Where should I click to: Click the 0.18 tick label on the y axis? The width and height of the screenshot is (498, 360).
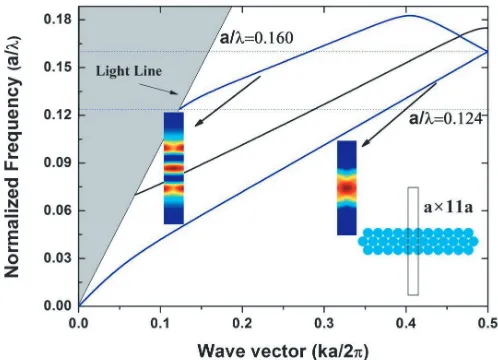(x=58, y=20)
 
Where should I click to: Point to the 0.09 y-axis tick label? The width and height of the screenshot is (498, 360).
(x=58, y=163)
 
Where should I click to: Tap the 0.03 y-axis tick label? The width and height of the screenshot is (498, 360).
(x=58, y=258)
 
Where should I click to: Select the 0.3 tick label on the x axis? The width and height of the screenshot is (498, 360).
(x=324, y=323)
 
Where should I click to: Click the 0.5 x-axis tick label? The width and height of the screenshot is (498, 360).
(x=488, y=323)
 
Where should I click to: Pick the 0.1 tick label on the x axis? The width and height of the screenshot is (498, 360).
(x=160, y=323)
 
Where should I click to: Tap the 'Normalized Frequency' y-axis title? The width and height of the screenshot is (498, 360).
(x=12, y=156)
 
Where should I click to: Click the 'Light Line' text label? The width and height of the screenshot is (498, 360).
(x=129, y=71)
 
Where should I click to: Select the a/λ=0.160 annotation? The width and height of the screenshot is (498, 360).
(x=256, y=38)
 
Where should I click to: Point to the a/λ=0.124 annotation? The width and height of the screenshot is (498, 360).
(x=446, y=118)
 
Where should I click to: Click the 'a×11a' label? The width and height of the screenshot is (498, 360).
(x=448, y=207)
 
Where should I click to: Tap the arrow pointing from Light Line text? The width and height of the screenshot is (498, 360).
(x=159, y=89)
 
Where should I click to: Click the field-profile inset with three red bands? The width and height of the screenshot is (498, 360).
(x=174, y=168)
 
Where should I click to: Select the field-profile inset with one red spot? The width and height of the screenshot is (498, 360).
(x=347, y=188)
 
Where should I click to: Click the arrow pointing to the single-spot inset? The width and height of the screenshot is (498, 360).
(x=399, y=114)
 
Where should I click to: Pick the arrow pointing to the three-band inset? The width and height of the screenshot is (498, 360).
(x=227, y=101)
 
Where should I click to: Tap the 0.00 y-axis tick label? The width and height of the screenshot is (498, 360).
(x=58, y=306)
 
